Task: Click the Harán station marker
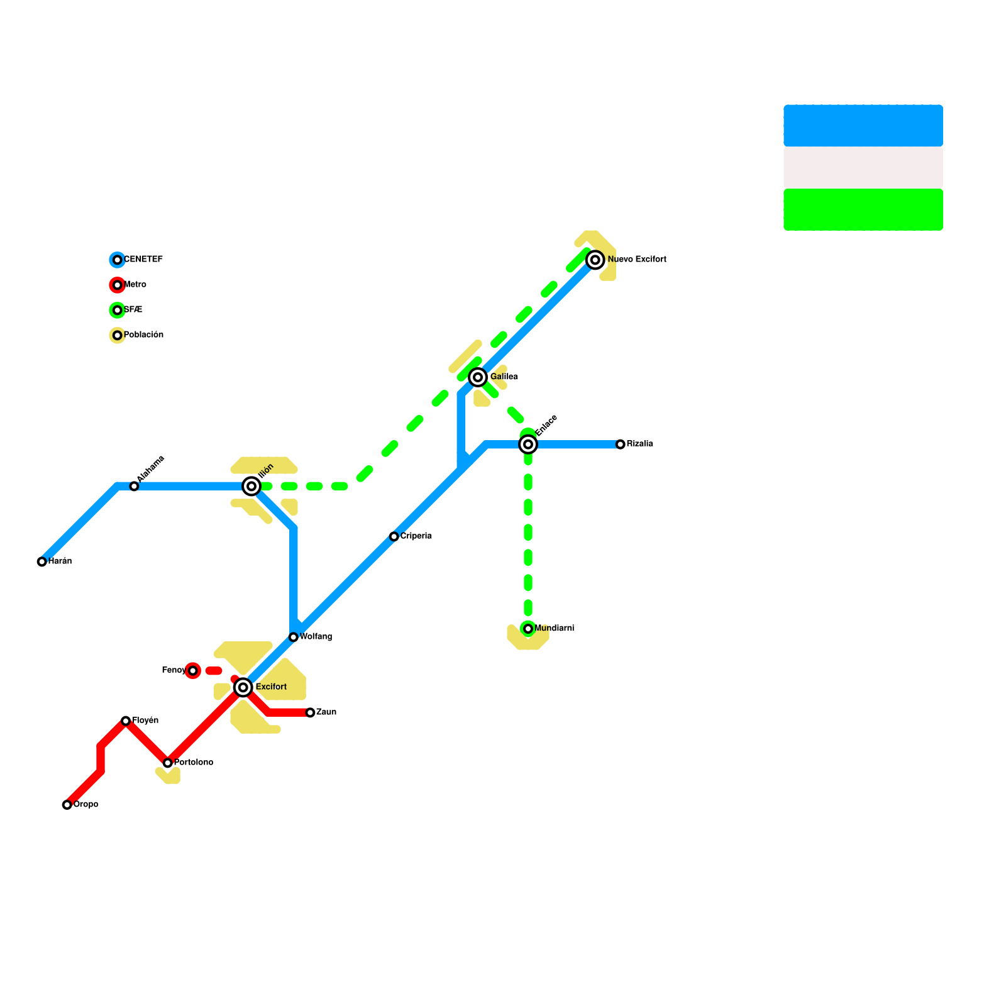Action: click(x=42, y=561)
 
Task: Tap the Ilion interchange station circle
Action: click(x=251, y=486)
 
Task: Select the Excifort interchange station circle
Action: click(x=243, y=687)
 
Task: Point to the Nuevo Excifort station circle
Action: click(x=595, y=260)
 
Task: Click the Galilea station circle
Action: click(x=478, y=377)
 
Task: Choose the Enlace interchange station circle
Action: click(x=529, y=445)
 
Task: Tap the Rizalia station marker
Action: click(x=621, y=445)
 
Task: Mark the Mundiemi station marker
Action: click(x=528, y=629)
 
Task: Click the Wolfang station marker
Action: click(x=294, y=637)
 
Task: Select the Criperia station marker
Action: click(x=394, y=536)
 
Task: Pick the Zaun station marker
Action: click(x=310, y=712)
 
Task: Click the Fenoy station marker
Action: click(x=193, y=671)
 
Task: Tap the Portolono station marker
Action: click(x=168, y=763)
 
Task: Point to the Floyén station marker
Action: click(x=126, y=721)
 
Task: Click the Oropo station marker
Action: click(x=67, y=805)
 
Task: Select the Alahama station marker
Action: click(x=134, y=486)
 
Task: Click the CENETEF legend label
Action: click(x=143, y=260)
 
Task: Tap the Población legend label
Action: click(x=143, y=335)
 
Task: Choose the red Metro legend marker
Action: click(x=117, y=285)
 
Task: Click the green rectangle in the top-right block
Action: click(x=863, y=210)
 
